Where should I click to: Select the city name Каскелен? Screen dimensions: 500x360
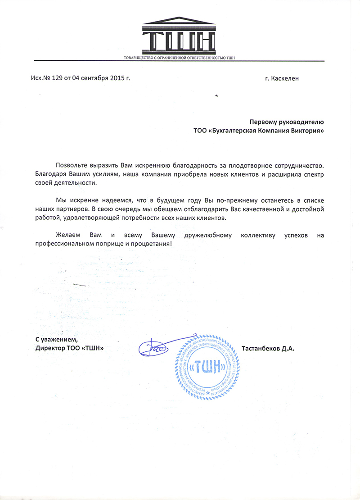[x=284, y=78]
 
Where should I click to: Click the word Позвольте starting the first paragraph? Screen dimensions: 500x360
[x=72, y=167]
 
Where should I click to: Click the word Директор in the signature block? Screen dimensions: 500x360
[x=50, y=348]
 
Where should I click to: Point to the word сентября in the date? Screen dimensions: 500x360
[x=93, y=78]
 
